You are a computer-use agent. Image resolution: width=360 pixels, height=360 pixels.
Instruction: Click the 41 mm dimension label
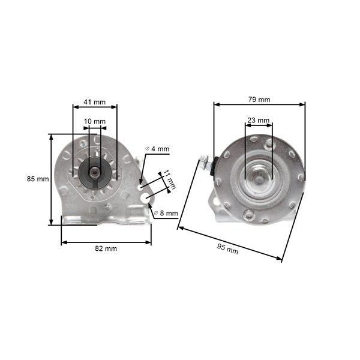pos(94,102)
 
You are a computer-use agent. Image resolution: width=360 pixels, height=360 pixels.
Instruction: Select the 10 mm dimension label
pos(95,121)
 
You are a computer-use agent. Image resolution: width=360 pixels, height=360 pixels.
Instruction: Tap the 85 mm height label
pos(38,179)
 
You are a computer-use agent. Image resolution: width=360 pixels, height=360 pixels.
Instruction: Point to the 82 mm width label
pos(106,248)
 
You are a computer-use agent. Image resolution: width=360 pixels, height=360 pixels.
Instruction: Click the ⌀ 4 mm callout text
pos(157,149)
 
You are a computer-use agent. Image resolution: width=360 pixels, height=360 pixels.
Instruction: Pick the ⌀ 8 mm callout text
pos(166,213)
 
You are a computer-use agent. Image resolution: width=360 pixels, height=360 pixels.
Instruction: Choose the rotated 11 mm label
pos(169,180)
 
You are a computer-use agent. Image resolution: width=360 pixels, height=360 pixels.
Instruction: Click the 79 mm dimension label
pos(259,100)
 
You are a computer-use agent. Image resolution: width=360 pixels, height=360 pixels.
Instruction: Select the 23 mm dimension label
pos(258,120)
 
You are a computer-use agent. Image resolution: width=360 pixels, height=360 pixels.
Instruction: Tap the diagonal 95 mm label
pos(227,249)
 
